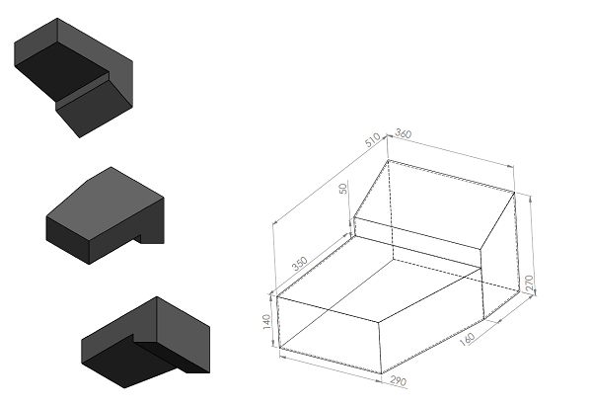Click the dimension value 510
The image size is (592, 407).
[373, 140]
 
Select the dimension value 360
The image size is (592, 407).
[404, 133]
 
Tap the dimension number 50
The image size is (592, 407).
[343, 189]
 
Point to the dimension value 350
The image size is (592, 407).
[300, 264]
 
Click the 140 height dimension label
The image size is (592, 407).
[266, 322]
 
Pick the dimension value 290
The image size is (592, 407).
[399, 380]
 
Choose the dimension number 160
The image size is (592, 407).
[467, 339]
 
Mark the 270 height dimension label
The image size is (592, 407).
[529, 284]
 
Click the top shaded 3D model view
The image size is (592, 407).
[74, 77]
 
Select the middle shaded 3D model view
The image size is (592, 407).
[105, 215]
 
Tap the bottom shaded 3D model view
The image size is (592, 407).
[146, 342]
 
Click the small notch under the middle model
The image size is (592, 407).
[137, 239]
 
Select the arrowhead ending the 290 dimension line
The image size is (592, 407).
[379, 380]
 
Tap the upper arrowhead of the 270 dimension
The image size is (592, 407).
[531, 199]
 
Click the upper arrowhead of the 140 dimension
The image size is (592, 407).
[271, 297]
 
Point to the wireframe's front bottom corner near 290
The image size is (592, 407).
[382, 373]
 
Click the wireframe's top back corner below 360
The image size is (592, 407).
[388, 160]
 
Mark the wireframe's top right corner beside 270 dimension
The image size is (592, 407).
[515, 192]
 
